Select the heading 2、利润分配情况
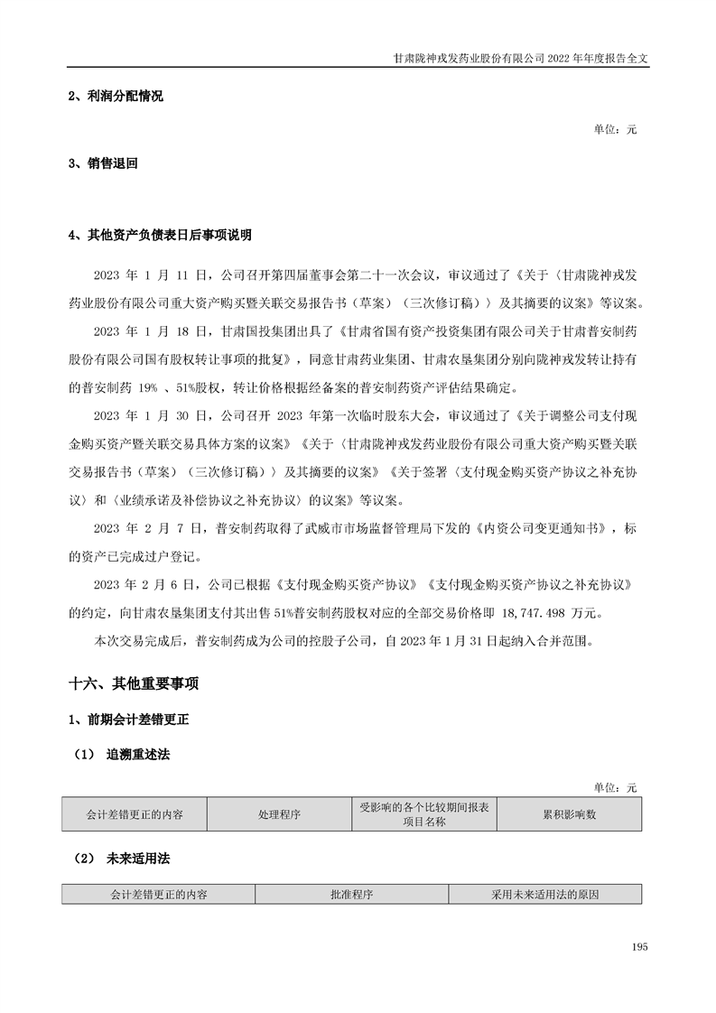click(116, 97)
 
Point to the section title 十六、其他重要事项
click(134, 684)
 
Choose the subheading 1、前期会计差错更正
click(128, 721)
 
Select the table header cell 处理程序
click(280, 814)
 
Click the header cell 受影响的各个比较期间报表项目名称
click(424, 814)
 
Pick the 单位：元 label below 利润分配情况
click(615, 130)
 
